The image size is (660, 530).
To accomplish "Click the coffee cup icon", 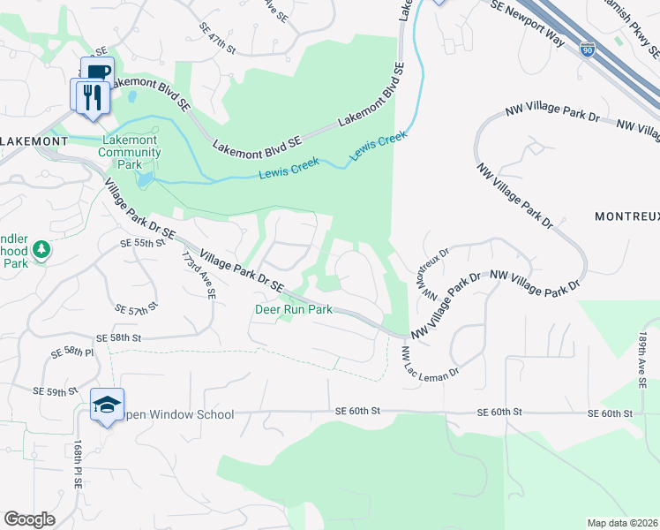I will [97, 72].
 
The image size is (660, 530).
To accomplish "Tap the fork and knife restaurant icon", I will [92, 95].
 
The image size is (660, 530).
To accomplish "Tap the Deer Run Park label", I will [294, 309].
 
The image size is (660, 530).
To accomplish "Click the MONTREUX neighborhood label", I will [626, 216].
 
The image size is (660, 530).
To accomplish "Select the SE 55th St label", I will [143, 242].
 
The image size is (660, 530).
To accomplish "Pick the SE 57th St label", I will [135, 308].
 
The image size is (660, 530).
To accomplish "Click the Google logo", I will [29, 519].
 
